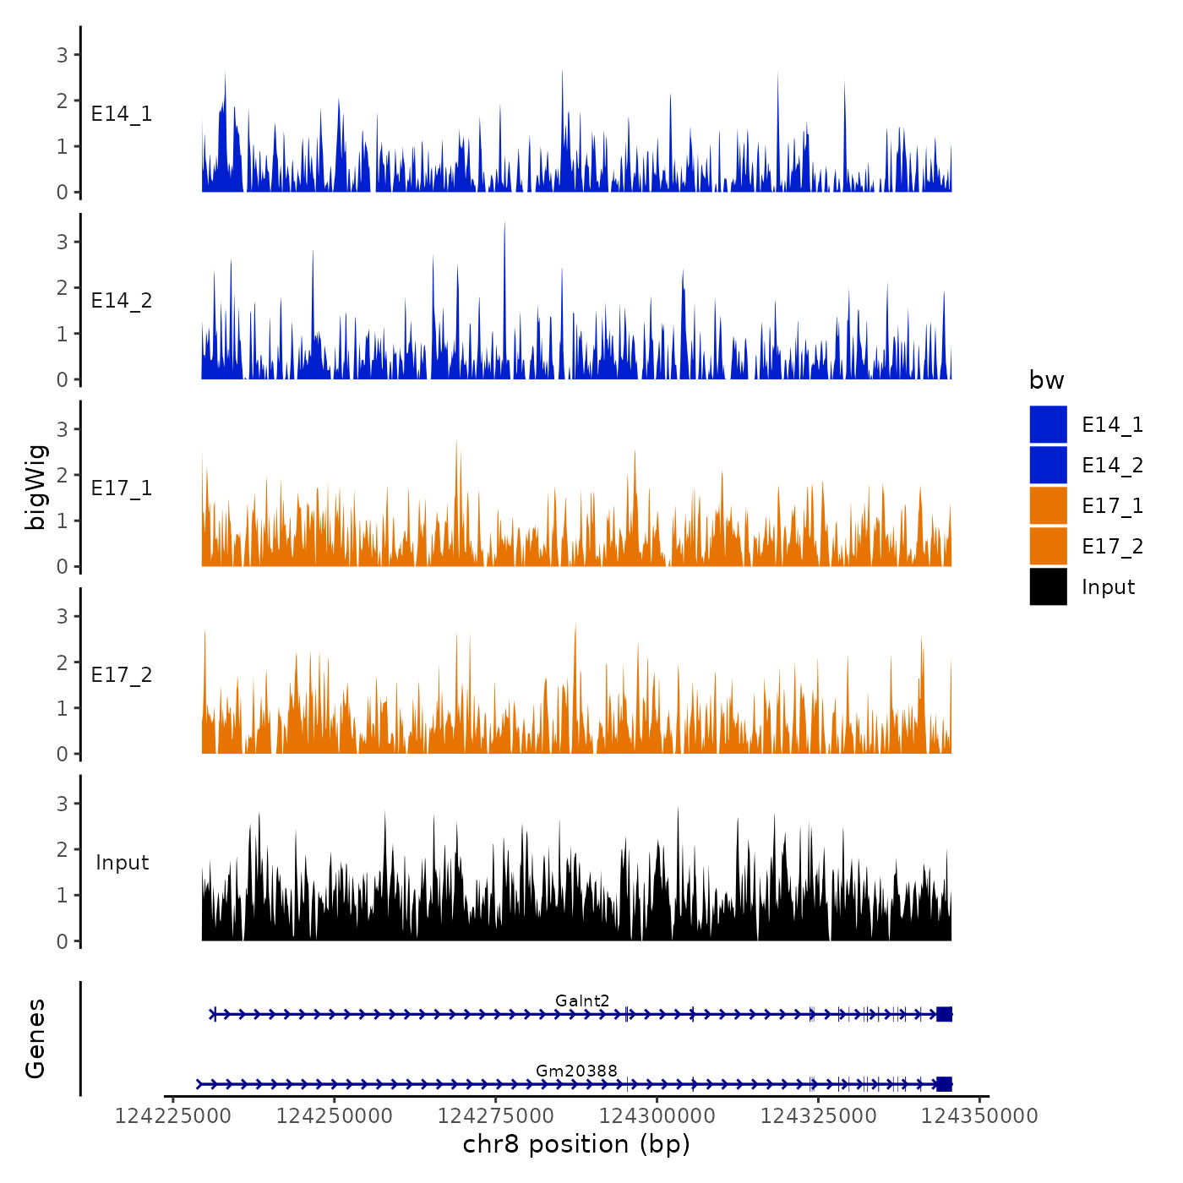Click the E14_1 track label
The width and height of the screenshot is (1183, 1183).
(122, 114)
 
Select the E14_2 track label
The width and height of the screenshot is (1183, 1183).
(122, 301)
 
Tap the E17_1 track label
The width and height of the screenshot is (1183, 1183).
(122, 488)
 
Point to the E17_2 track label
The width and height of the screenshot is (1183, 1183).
(122, 675)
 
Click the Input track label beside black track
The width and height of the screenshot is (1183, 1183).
(122, 863)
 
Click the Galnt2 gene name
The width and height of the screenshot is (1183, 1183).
(582, 1001)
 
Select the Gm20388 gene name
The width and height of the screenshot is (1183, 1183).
(576, 1071)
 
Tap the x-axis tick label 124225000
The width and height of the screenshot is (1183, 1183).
(172, 1116)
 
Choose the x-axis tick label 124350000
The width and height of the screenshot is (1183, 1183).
(979, 1116)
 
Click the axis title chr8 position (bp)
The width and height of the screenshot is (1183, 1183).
(576, 1145)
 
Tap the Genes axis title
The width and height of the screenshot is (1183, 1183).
(35, 1039)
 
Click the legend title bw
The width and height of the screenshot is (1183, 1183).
(1046, 381)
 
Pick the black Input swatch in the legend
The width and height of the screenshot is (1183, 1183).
(1048, 586)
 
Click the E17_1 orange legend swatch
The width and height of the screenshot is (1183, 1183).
(1048, 505)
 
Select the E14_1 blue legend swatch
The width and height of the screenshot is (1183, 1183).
(1048, 424)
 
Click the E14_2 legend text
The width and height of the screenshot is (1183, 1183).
(1112, 466)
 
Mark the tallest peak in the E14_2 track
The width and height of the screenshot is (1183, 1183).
(504, 225)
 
